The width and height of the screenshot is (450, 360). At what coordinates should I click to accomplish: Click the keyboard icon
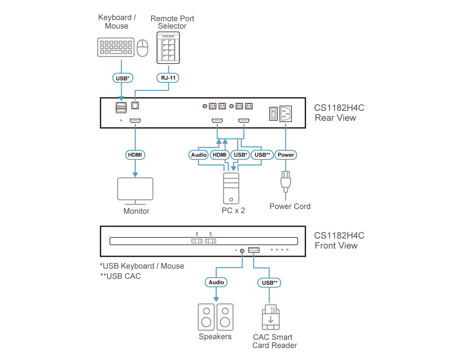(x=116, y=47)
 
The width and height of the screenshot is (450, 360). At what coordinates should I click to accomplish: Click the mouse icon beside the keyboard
(x=142, y=48)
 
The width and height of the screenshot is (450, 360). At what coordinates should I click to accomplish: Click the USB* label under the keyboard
(x=122, y=78)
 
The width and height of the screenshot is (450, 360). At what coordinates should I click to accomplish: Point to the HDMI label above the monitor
(x=135, y=155)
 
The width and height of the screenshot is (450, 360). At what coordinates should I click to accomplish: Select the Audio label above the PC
(x=199, y=155)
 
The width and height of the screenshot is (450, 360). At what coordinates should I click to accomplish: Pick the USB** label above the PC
(x=262, y=155)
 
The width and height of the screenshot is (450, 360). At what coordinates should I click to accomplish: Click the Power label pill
(x=286, y=155)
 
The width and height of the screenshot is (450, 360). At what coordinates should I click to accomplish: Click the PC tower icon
(x=231, y=188)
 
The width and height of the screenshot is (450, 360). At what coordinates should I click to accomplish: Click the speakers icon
(x=215, y=317)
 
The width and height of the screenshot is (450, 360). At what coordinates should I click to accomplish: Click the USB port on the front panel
(x=253, y=250)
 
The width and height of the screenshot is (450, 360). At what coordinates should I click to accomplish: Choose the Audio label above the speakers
(x=216, y=282)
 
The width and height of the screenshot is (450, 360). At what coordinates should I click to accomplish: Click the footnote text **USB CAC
(x=120, y=276)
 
